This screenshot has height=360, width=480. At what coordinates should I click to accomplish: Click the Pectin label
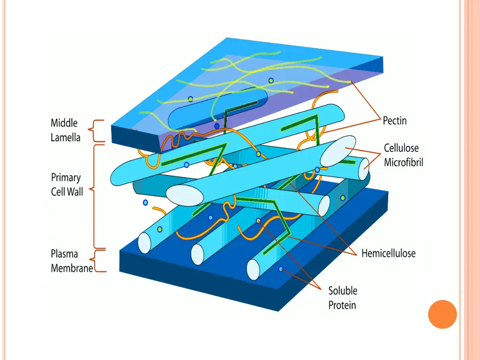tap(395, 121)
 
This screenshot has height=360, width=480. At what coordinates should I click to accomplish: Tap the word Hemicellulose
tap(388, 254)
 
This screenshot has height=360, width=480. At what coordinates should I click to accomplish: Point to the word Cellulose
tap(403, 148)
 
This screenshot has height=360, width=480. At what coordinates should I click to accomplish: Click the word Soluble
tap(343, 291)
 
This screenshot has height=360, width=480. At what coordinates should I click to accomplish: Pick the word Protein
tap(342, 305)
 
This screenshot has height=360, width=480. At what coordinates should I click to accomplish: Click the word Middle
tap(64, 123)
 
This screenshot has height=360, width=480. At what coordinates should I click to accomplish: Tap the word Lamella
tap(66, 138)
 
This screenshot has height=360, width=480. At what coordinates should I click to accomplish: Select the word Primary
tap(66, 178)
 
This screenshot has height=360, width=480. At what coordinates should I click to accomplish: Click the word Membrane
tap(72, 268)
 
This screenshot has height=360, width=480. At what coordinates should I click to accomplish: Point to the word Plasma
tap(64, 254)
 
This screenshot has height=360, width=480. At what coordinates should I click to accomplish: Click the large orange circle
tap(442, 314)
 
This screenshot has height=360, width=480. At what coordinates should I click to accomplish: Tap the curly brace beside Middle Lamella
tap(97, 130)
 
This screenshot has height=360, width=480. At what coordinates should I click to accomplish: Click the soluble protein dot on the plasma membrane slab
tap(281, 269)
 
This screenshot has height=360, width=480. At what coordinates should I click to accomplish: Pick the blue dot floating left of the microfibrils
tap(145, 202)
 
